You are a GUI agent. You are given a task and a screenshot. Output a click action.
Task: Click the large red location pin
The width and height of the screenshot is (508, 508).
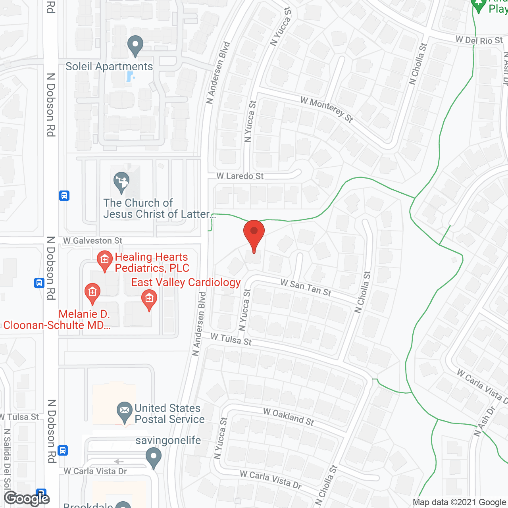pyautogui.click(x=254, y=235)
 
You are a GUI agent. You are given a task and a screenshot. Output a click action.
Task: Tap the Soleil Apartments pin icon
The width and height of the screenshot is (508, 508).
pyautogui.click(x=135, y=46)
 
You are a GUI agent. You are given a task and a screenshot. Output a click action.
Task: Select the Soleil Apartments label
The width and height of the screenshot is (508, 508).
pyautogui.click(x=109, y=66)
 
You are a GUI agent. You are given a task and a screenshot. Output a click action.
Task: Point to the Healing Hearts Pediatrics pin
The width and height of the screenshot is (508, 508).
pyautogui.click(x=105, y=261)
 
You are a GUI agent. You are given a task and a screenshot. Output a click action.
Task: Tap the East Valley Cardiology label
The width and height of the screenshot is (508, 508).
pyautogui.click(x=186, y=282)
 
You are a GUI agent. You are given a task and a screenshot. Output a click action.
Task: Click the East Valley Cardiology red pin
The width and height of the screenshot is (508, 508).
pyautogui.click(x=149, y=300)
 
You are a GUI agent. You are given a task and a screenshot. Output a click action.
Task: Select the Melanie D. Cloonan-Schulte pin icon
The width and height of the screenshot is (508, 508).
pyautogui.click(x=92, y=294)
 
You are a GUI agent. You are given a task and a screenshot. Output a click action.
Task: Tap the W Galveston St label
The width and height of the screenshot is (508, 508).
pyautogui.click(x=93, y=241)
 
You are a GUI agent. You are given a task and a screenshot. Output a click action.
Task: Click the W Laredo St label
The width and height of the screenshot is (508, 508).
pyautogui.click(x=240, y=176)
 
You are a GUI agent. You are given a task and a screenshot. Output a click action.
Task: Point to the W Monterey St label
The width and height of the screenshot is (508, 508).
pyautogui.click(x=327, y=109)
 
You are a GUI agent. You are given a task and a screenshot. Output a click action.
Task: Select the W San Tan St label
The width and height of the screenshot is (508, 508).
pyautogui.click(x=306, y=287)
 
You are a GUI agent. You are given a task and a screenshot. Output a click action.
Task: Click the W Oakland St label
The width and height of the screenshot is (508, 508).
pyautogui.click(x=289, y=417)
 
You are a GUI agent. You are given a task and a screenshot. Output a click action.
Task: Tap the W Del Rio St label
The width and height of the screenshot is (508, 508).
pyautogui.click(x=479, y=40)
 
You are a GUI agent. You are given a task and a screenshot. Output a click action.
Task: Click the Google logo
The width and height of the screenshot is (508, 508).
pyautogui.click(x=27, y=498)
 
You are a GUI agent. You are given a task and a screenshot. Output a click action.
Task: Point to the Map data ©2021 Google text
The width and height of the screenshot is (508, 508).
pyautogui.click(x=460, y=502)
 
